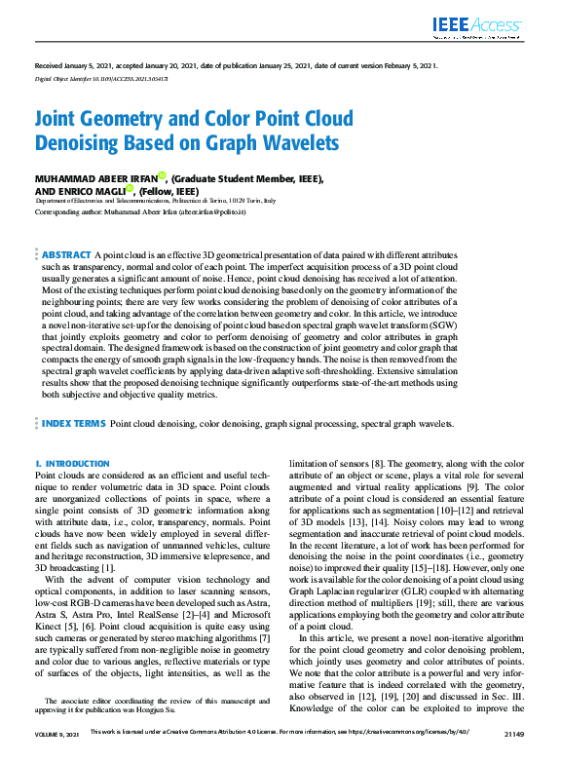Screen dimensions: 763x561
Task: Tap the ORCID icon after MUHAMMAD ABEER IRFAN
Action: (162, 176)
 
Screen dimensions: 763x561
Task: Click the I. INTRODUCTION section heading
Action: (72, 464)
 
